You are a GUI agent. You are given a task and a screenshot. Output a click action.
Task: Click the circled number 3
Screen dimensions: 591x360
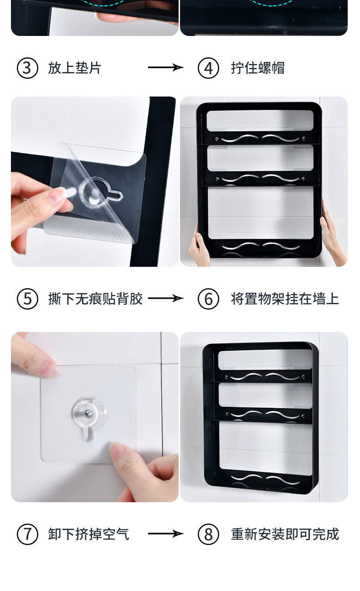pos(27,68)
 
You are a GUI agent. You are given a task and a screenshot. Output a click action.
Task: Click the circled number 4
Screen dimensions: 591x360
pos(208,68)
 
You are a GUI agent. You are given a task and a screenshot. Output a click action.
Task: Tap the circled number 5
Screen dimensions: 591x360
pos(27,299)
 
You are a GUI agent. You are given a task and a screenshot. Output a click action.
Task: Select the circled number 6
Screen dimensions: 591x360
pos(208,299)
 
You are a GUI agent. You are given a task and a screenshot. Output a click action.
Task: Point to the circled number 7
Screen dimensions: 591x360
pos(27,534)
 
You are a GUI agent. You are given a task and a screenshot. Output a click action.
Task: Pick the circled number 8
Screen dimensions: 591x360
pos(208,534)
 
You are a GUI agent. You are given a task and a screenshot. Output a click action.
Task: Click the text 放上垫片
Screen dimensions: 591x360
pos(74,68)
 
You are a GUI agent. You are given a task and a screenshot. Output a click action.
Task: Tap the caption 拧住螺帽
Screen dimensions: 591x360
pos(257,68)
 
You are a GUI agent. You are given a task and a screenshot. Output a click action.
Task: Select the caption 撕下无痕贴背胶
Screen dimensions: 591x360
pos(95,299)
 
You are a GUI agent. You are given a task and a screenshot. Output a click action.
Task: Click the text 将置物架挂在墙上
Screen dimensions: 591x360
pos(285,299)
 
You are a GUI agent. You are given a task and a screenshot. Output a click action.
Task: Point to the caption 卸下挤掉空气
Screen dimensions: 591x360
pos(88,534)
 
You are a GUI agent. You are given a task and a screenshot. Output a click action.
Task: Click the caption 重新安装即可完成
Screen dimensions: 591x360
pos(285,534)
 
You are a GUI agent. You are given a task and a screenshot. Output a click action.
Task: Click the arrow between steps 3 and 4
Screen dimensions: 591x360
pos(165,68)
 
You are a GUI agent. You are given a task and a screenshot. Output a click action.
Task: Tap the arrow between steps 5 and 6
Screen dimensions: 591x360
pos(165,299)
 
